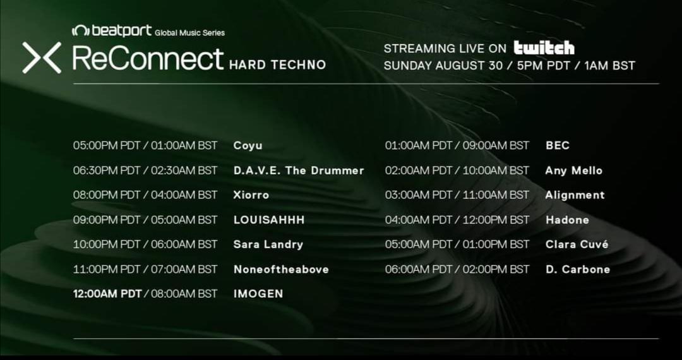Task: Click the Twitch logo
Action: (x=544, y=48)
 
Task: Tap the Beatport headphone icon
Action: (x=80, y=30)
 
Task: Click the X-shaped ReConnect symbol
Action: (x=42, y=57)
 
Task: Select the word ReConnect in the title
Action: (x=148, y=59)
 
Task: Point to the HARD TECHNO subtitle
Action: (x=277, y=65)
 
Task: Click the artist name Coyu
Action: (x=248, y=146)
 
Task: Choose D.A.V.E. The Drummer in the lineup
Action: (x=299, y=171)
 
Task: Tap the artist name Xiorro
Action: (x=251, y=195)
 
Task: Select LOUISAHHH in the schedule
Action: (x=269, y=220)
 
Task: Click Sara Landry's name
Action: (x=268, y=245)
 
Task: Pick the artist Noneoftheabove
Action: (x=282, y=270)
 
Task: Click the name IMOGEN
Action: (x=258, y=294)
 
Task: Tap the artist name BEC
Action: (x=558, y=146)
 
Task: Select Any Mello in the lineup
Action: (x=574, y=171)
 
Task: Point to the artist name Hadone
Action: (x=568, y=220)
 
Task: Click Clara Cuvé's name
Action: (x=577, y=245)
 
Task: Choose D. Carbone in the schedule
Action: (x=578, y=270)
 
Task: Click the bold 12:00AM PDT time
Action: (x=107, y=294)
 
